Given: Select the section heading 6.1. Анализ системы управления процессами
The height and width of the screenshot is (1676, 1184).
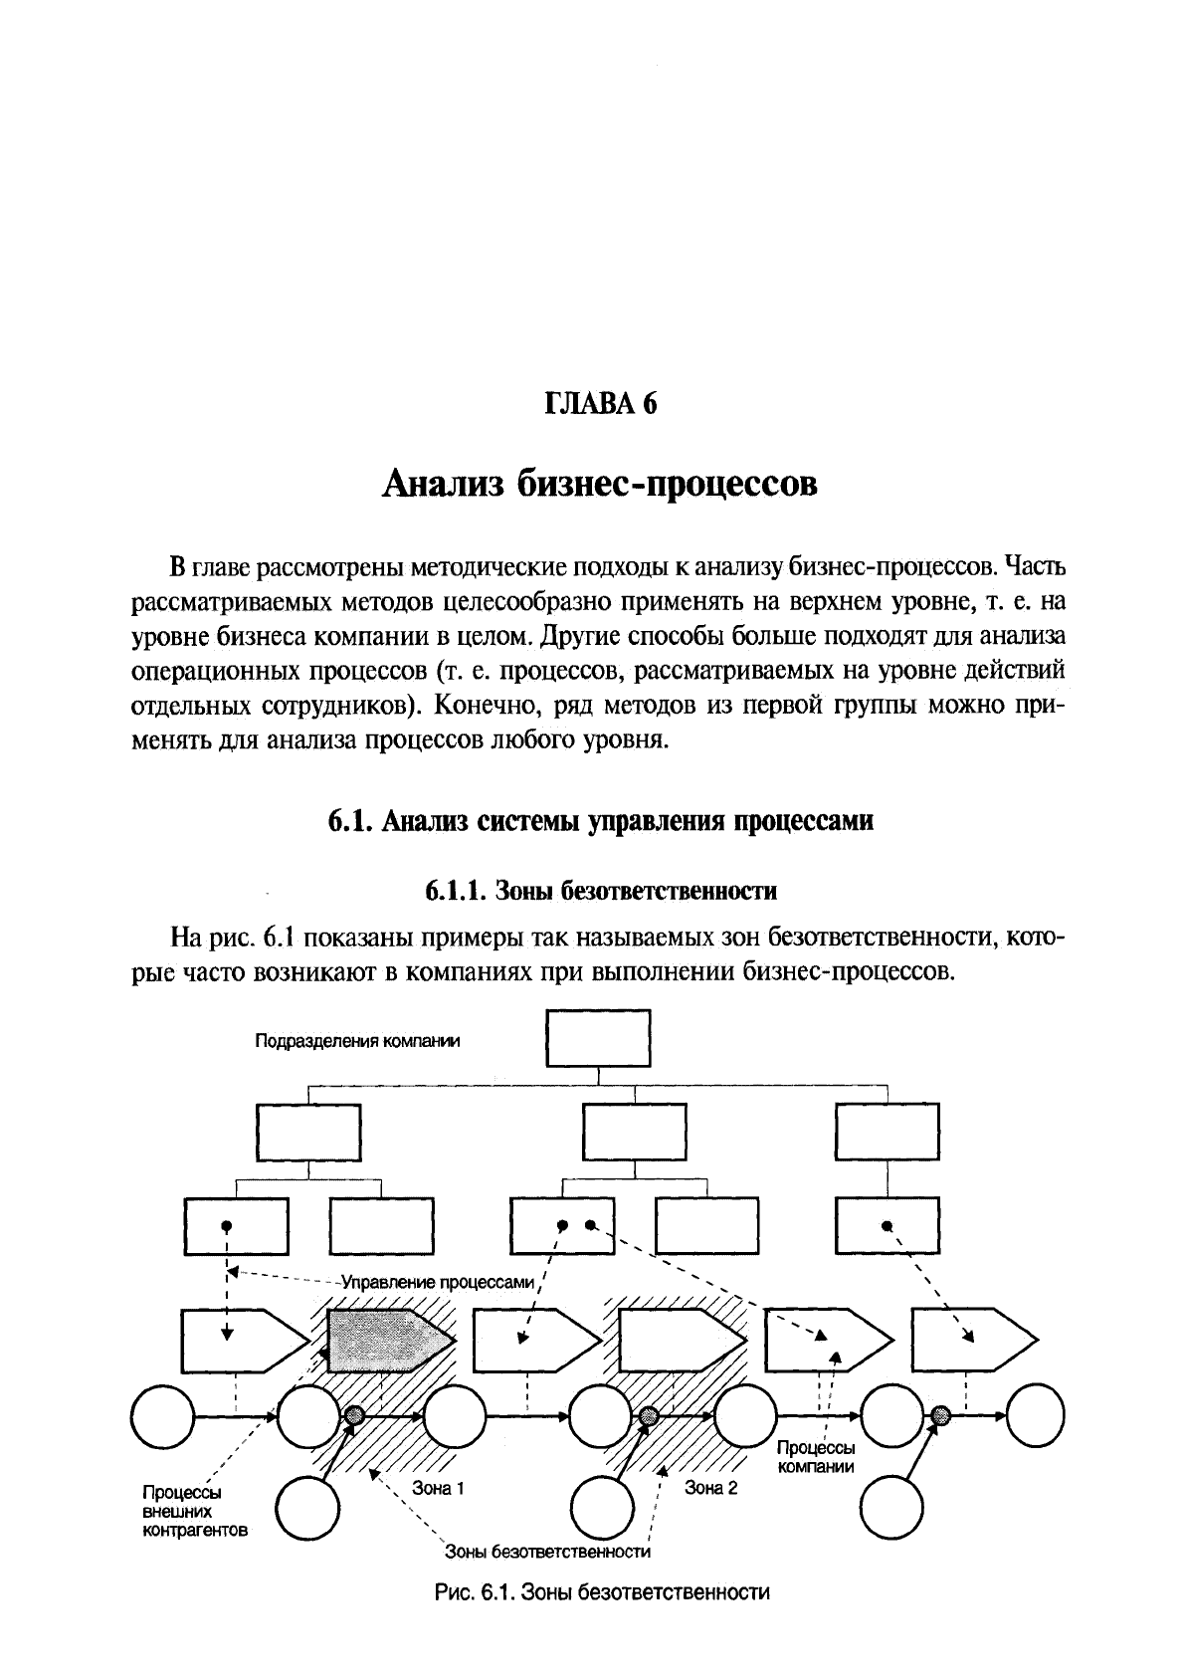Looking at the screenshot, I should point(600,821).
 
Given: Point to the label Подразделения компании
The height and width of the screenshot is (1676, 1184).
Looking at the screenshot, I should point(358,1042).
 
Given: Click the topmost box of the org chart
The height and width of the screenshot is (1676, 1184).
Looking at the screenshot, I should point(599,1039).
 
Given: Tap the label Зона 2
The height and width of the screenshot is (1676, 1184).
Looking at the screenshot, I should point(710,1489).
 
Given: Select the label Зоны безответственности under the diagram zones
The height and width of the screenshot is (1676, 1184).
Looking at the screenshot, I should point(547,1552).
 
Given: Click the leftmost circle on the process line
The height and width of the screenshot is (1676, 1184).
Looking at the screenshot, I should point(162,1414).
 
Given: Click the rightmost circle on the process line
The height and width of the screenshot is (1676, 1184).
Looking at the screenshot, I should point(1035,1414).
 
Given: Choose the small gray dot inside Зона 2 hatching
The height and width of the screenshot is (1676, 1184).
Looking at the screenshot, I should point(649,1414).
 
